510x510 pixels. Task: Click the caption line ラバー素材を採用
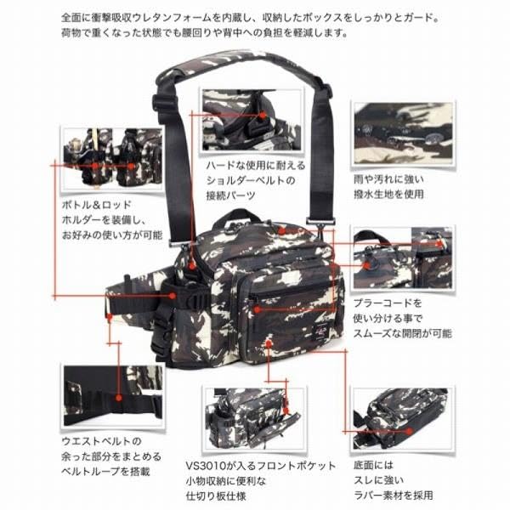[399, 496]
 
